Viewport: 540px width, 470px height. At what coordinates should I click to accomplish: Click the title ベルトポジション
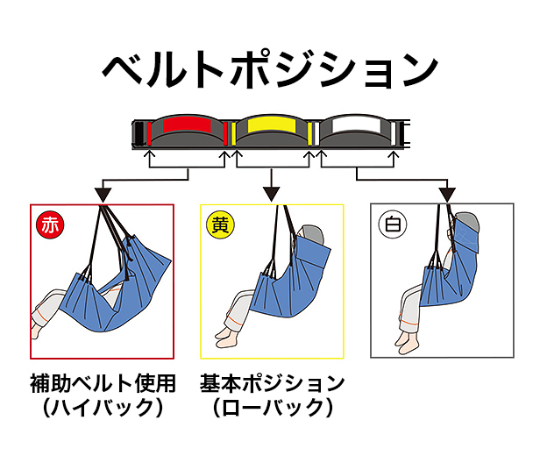pos(270,68)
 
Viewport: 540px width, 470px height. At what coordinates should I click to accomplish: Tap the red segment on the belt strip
pos(186,127)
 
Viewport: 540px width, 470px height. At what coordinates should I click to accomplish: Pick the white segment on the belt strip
pos(356,127)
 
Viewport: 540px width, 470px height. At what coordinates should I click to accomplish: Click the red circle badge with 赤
pos(49,224)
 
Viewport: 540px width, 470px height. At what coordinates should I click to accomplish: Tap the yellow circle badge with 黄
pos(219,224)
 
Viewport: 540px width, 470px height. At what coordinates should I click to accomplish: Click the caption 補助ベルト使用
pos(102,384)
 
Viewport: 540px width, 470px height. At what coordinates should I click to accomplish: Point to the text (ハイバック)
pos(102,409)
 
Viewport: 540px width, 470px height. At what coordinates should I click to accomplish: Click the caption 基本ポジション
pos(272,384)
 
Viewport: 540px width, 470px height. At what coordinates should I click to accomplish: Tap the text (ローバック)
pos(272,409)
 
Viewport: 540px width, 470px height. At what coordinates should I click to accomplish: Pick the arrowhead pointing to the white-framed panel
pos(448,191)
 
